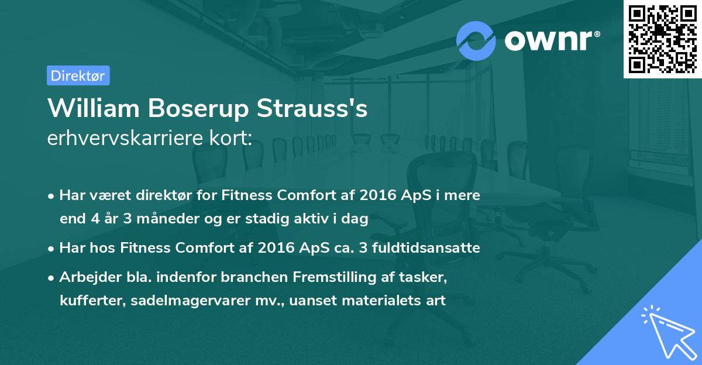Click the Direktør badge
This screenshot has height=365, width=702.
78,75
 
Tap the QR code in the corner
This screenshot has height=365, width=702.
662,39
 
